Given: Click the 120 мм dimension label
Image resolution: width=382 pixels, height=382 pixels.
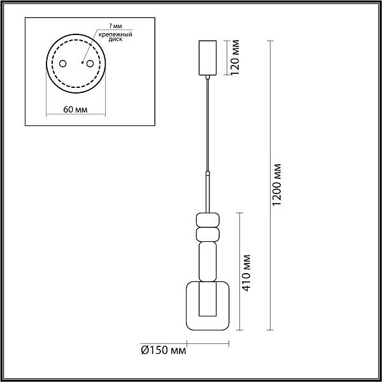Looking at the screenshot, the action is (x=235, y=57).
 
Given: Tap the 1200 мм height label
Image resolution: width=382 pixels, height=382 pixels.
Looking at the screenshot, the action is (x=276, y=185).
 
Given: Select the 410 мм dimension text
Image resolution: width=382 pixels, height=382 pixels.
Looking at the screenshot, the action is (x=246, y=273).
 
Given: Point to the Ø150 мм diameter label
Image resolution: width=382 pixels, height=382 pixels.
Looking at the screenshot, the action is (x=163, y=350).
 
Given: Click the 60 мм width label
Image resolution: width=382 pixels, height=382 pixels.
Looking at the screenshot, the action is (x=75, y=110).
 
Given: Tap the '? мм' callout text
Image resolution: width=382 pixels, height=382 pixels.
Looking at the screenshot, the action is (x=116, y=26).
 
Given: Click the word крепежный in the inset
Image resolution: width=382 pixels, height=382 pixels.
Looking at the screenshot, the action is (x=115, y=34).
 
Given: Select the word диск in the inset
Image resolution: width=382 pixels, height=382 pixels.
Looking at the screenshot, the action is (x=116, y=39).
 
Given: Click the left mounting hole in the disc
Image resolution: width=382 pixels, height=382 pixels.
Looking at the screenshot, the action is (x=63, y=64).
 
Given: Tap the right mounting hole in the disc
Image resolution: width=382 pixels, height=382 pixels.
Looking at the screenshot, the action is (x=90, y=64).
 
